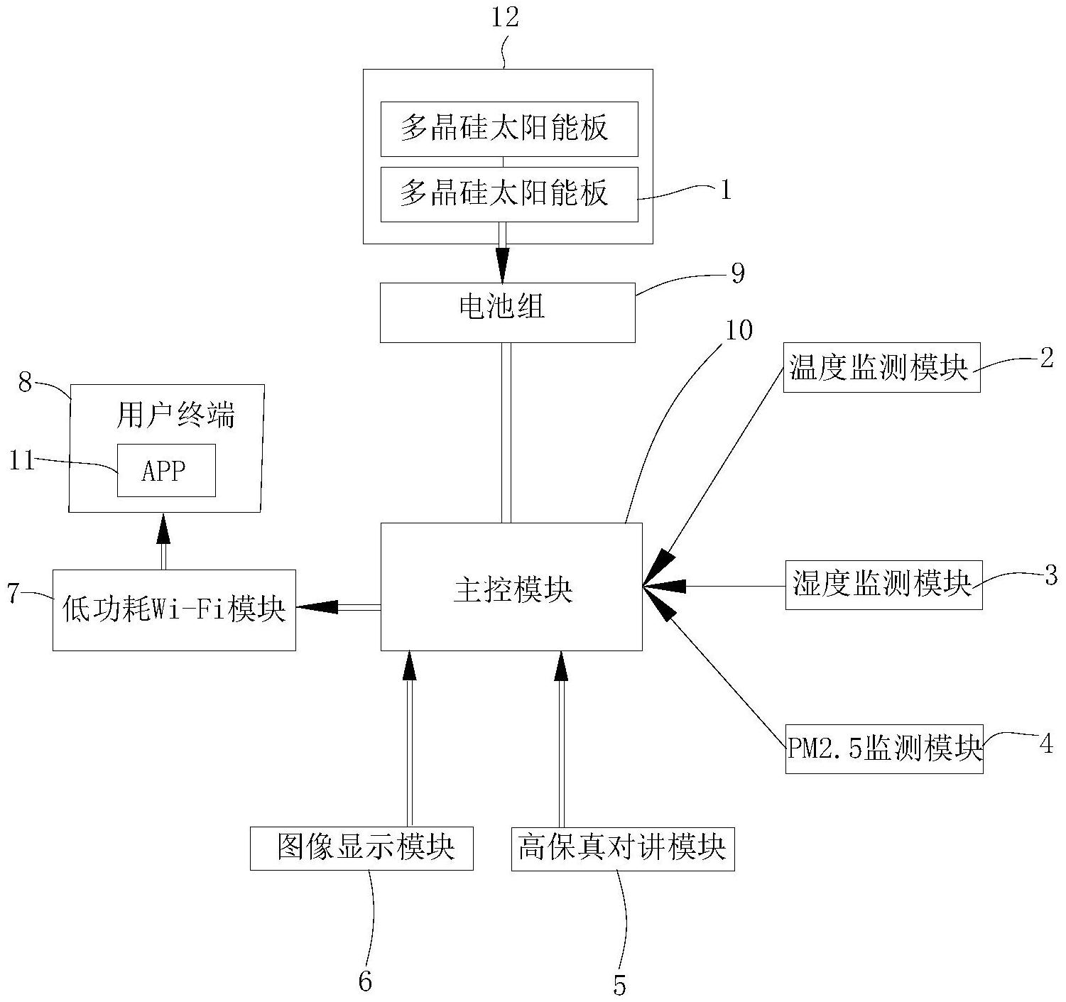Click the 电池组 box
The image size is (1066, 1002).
tap(507, 312)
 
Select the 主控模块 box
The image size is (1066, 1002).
tap(511, 587)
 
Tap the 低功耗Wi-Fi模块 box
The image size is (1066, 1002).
tap(174, 609)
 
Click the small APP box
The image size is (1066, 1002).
tap(166, 470)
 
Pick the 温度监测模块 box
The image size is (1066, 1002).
tap(881, 368)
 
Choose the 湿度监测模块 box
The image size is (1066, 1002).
tap(883, 584)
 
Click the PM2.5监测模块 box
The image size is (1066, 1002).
tap(884, 748)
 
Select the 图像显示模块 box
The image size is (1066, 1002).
tap(361, 848)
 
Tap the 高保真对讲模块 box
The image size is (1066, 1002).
tap(623, 848)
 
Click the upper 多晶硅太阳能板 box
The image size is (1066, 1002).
tap(508, 129)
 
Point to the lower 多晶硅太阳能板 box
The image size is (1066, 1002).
tap(508, 194)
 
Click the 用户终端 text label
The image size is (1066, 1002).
tap(175, 415)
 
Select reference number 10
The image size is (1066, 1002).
tap(739, 330)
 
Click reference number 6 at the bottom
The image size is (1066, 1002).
tap(364, 981)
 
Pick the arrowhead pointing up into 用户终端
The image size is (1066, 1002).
tap(163, 528)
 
